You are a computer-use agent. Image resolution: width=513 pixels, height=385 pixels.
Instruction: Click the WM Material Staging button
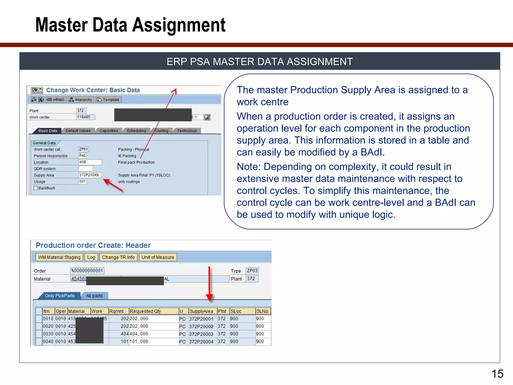coord(59,257)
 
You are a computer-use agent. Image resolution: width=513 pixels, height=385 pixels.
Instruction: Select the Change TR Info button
coord(118,257)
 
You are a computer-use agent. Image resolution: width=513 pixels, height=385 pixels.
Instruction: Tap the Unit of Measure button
coord(158,257)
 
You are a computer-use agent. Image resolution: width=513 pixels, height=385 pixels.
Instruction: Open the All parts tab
coord(94,296)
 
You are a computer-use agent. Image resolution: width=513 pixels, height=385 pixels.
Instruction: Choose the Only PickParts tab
coord(60,296)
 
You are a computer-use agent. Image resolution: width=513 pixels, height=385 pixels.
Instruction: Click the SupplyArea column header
coord(201,311)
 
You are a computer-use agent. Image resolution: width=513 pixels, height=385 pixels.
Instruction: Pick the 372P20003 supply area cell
coord(201,334)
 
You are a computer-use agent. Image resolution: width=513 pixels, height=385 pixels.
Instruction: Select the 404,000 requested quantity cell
coord(139,334)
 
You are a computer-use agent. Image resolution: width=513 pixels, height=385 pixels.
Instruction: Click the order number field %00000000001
coord(87,271)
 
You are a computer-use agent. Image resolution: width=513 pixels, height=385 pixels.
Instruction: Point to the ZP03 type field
coord(252,271)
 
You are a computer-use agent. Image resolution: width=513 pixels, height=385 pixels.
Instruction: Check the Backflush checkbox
coord(36,188)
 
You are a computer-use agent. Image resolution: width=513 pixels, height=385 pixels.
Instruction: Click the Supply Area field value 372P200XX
coord(89,175)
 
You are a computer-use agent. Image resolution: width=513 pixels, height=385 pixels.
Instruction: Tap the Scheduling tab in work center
coord(136,131)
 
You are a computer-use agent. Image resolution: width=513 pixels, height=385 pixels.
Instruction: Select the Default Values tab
coord(78,131)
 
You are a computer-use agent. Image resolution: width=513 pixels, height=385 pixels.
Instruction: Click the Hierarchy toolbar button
coord(81,100)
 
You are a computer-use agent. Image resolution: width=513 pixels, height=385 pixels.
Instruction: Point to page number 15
coord(497,374)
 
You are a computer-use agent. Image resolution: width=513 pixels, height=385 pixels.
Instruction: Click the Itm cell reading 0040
coord(48,341)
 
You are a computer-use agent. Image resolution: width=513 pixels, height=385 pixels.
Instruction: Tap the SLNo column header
coord(262,311)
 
